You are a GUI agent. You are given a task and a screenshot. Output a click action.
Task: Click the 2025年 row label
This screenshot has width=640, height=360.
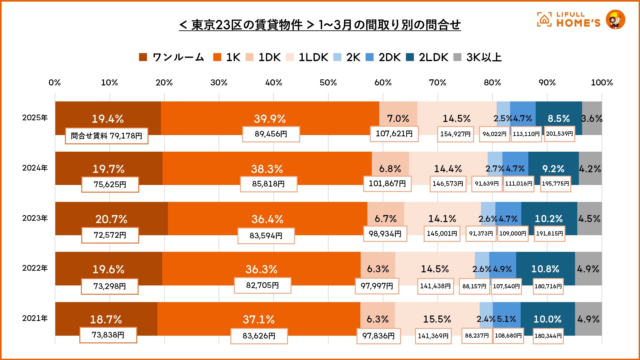pyautogui.click(x=35, y=118)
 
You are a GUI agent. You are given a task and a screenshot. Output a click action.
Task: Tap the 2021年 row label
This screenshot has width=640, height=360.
pyautogui.click(x=35, y=318)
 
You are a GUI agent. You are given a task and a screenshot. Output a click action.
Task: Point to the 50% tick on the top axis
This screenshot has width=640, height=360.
pyautogui.click(x=328, y=83)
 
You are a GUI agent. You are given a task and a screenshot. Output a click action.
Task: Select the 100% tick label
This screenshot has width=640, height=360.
pyautogui.click(x=602, y=83)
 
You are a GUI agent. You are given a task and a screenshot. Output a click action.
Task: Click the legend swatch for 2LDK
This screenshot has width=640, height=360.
pyautogui.click(x=410, y=57)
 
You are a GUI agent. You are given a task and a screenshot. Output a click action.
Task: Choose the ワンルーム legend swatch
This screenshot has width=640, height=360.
pyautogui.click(x=143, y=57)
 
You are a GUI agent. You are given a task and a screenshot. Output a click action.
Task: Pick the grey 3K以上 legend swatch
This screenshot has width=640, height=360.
pyautogui.click(x=457, y=57)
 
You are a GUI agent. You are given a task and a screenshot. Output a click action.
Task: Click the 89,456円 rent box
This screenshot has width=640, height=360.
pyautogui.click(x=271, y=134)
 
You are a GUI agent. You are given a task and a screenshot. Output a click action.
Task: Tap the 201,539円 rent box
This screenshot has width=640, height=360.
pyautogui.click(x=559, y=134)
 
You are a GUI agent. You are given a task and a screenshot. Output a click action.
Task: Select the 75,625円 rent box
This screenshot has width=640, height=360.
pyautogui.click(x=110, y=184)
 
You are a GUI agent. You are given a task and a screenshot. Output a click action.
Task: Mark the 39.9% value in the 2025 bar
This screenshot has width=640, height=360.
pyautogui.click(x=270, y=119)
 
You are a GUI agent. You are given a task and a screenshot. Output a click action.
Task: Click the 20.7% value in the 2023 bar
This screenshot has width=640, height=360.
pyautogui.click(x=111, y=219)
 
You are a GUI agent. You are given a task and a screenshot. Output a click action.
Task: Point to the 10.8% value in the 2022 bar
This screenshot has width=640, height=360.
pyautogui.click(x=545, y=269)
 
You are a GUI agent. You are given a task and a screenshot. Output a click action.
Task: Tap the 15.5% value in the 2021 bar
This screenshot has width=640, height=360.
pyautogui.click(x=437, y=319)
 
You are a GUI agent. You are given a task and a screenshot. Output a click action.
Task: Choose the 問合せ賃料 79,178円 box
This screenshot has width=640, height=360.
pyautogui.click(x=107, y=136)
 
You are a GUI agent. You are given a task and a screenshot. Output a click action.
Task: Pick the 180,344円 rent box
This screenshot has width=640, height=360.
pyautogui.click(x=548, y=336)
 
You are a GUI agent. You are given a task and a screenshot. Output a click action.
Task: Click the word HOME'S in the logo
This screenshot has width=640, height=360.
pyautogui.click(x=578, y=23)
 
